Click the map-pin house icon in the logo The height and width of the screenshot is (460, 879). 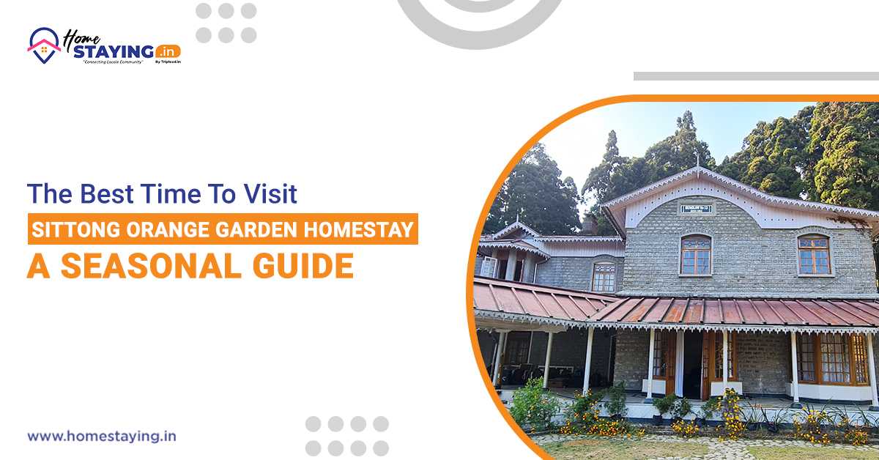pyautogui.click(x=44, y=45)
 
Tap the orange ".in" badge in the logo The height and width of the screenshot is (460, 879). pyautogui.click(x=168, y=52)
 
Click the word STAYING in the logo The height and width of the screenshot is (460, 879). pyautogui.click(x=117, y=52)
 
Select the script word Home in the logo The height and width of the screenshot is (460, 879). pyautogui.click(x=78, y=37)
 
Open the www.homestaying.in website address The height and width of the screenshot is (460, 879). pyautogui.click(x=102, y=437)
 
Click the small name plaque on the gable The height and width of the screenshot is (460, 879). pyautogui.click(x=695, y=209)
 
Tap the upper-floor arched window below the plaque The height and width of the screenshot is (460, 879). pyautogui.click(x=695, y=254)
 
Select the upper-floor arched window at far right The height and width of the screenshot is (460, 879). pyautogui.click(x=814, y=254)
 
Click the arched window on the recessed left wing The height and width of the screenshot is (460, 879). pyautogui.click(x=604, y=277)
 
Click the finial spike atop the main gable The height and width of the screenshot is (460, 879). pyautogui.click(x=696, y=158)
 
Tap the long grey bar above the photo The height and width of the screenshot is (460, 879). pyautogui.click(x=755, y=75)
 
